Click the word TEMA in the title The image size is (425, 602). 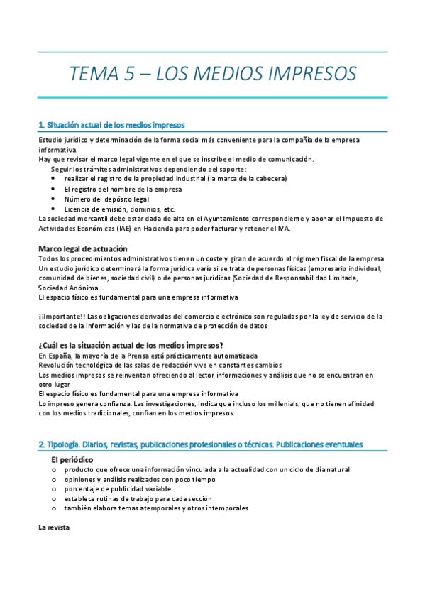pyautogui.click(x=98, y=73)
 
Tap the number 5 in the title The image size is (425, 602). pyautogui.click(x=138, y=73)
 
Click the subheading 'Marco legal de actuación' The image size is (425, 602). pyautogui.click(x=82, y=248)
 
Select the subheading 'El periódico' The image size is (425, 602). pyautogui.click(x=72, y=460)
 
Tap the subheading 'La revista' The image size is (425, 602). pyautogui.click(x=54, y=527)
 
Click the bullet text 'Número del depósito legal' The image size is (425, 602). pyautogui.click(x=106, y=199)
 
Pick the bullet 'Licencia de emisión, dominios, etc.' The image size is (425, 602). pyautogui.click(x=119, y=209)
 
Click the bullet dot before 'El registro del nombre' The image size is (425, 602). pyautogui.click(x=54, y=190)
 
